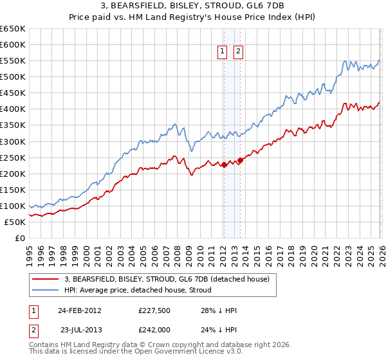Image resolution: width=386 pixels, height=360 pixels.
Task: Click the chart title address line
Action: coord(192,6)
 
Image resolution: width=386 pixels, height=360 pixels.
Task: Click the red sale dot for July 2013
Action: coord(240,160)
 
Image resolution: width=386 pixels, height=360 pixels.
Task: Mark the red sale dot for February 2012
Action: coord(224,165)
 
